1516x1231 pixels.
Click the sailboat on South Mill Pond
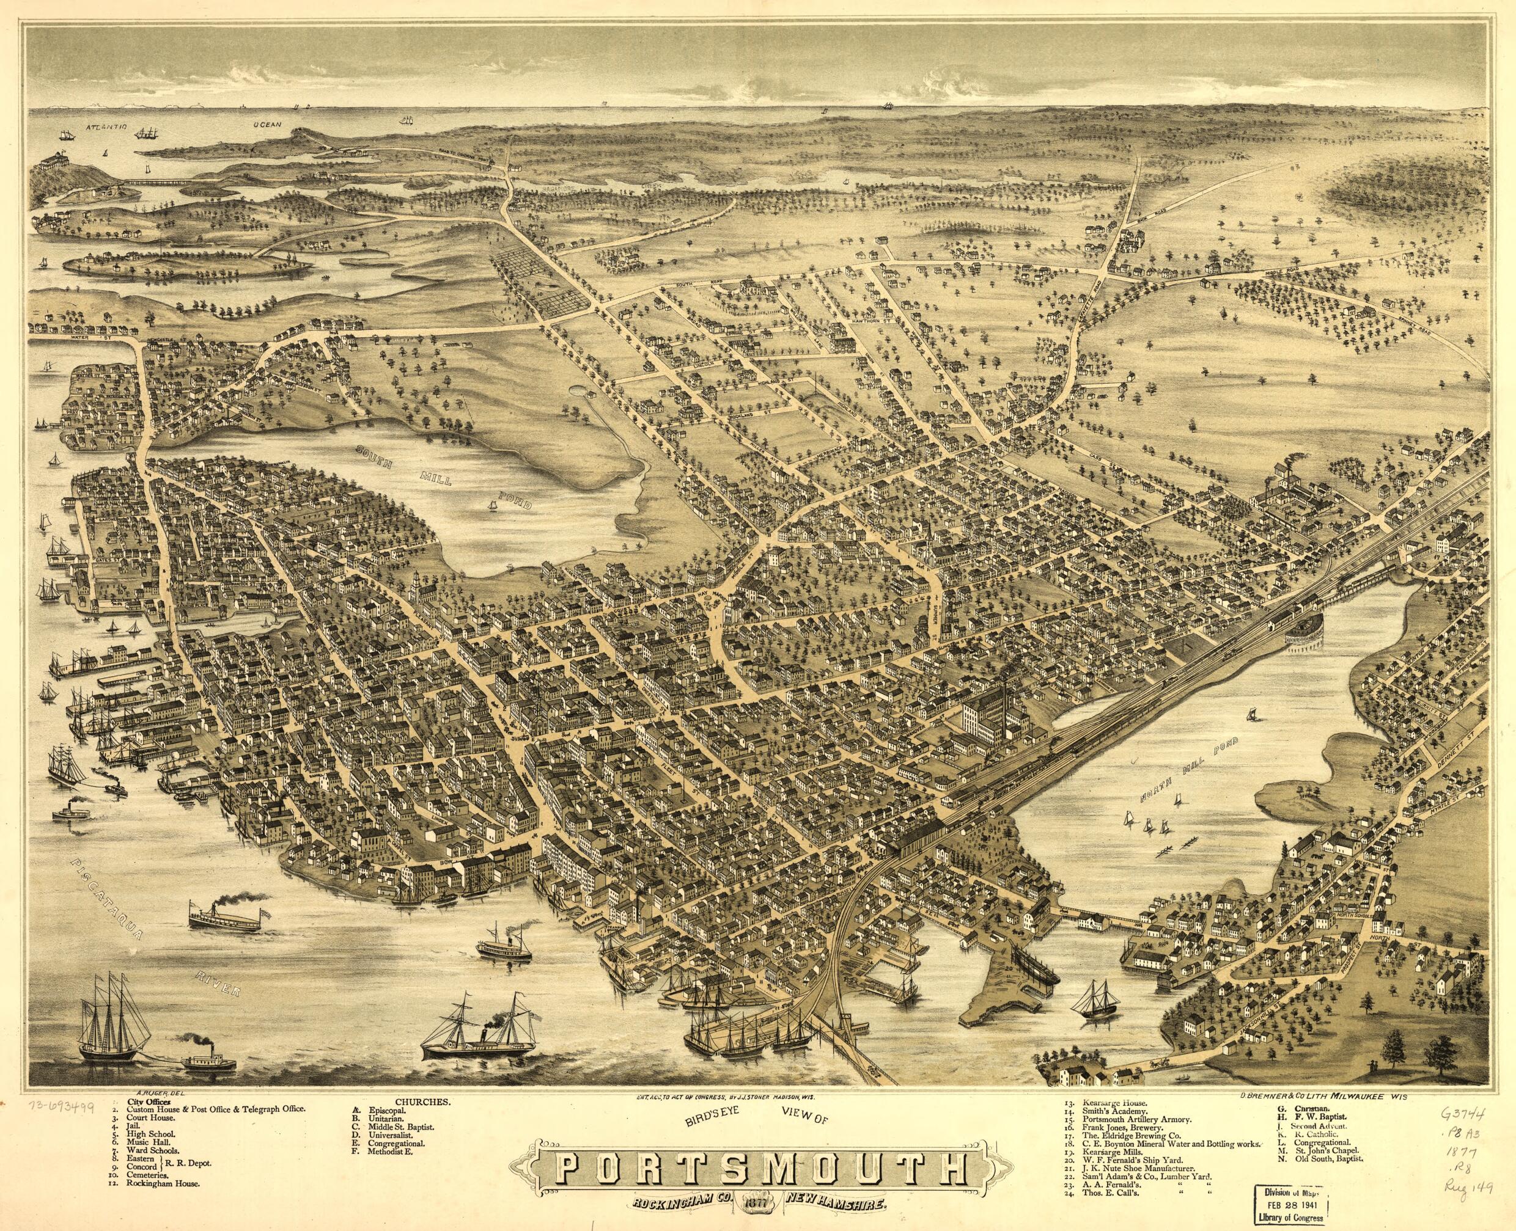[x=491, y=504]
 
